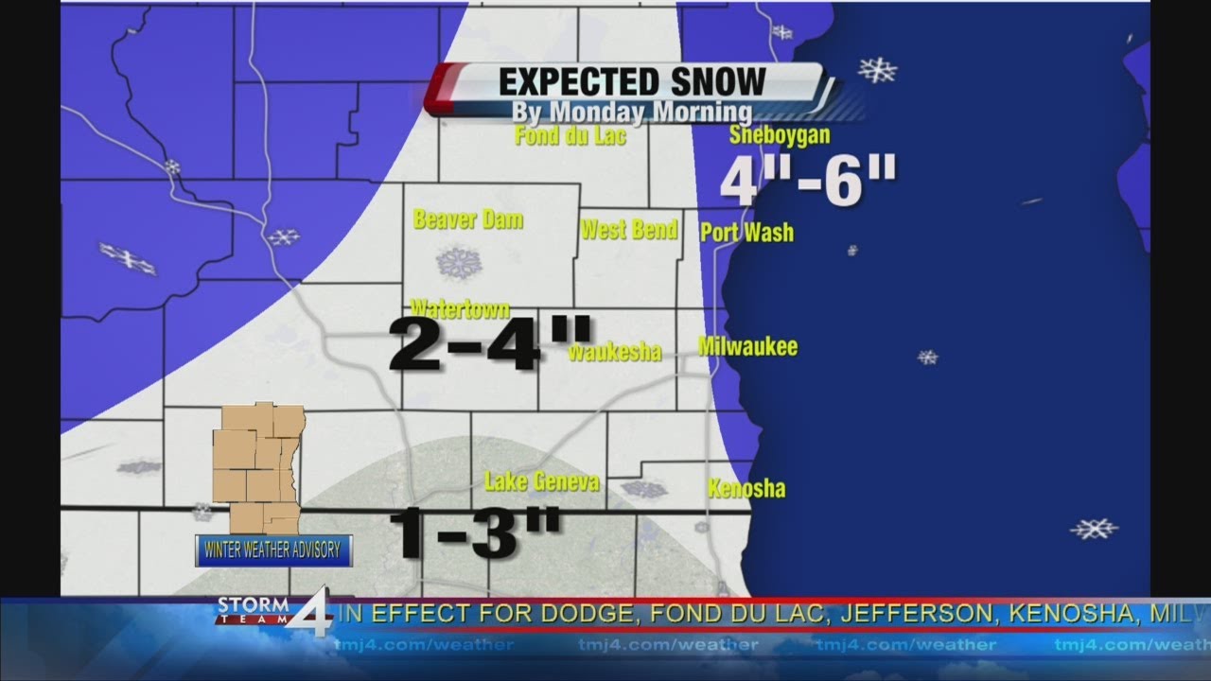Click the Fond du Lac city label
(570, 136)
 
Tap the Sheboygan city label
(779, 135)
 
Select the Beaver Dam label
(468, 220)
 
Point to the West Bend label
(629, 230)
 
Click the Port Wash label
(746, 233)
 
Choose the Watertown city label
(460, 309)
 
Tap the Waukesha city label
(614, 353)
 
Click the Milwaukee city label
(747, 347)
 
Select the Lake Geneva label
(541, 482)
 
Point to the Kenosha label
(746, 489)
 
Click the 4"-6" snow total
(807, 182)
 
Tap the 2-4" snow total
(490, 345)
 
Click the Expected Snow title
(632, 82)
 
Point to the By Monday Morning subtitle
(632, 113)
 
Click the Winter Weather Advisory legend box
(273, 550)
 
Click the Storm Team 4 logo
(274, 613)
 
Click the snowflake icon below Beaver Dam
(459, 262)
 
